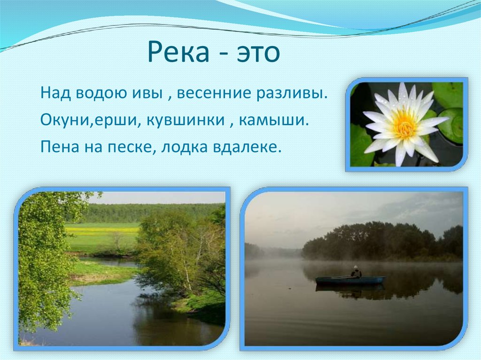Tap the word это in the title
tap(256, 52)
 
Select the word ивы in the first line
tap(146, 93)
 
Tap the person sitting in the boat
tap(356, 272)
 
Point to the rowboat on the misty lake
tap(350, 280)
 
